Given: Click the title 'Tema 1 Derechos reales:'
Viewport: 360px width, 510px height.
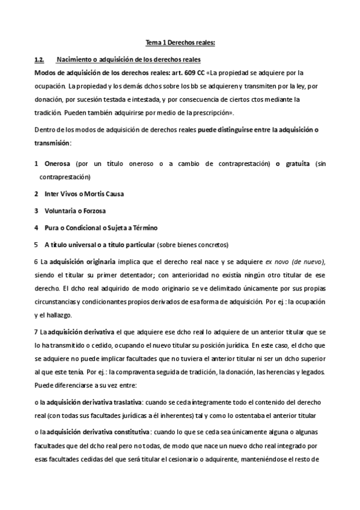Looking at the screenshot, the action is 180,43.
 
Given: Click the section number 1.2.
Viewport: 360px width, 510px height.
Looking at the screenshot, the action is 40,60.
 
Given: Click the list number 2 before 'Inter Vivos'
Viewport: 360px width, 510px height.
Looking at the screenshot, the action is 37,194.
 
